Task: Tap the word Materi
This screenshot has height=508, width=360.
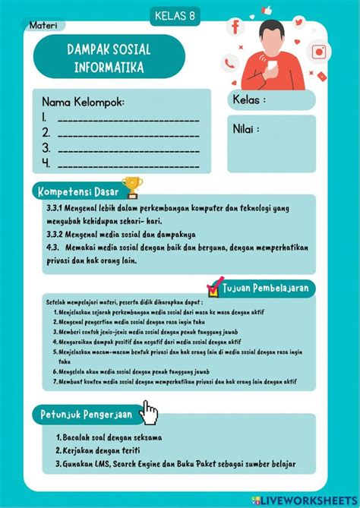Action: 44,26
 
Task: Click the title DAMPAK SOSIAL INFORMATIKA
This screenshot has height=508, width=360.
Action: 109,58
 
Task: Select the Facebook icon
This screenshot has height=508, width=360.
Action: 235,27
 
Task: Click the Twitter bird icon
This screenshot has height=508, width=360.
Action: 299,22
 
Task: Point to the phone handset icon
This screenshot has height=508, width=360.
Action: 229,64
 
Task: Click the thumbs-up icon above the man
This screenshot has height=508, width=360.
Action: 267,11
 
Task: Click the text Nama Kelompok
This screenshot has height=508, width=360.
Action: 83,102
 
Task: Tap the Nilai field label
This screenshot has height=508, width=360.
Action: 246,129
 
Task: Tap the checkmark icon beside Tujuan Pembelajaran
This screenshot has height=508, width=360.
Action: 215,286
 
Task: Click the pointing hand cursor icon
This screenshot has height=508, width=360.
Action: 150,413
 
